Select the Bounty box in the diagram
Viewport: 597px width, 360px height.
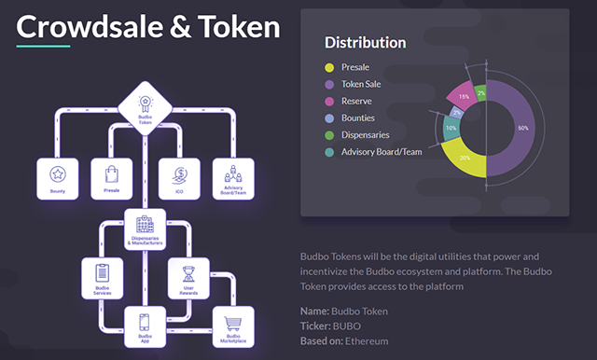click(x=58, y=178)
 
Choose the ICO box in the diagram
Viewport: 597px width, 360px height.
click(x=177, y=178)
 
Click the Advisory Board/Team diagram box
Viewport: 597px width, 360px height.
click(x=232, y=178)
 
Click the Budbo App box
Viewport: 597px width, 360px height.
click(x=145, y=326)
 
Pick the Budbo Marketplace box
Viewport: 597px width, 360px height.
click(x=232, y=326)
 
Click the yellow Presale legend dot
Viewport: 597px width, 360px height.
click(x=329, y=67)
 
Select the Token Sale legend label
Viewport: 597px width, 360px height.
click(x=361, y=84)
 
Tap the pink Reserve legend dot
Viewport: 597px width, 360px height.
click(x=329, y=101)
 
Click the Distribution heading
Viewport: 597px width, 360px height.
click(x=365, y=42)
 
